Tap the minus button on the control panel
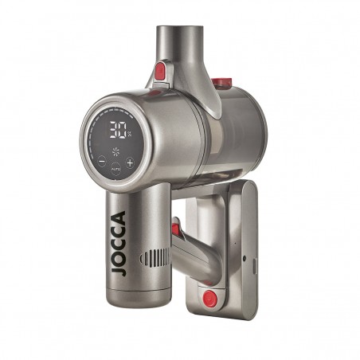pos(101,162)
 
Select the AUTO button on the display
pos(115,168)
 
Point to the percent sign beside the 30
pos(129,132)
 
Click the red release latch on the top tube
pos(160,72)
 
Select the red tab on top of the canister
pos(222,82)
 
